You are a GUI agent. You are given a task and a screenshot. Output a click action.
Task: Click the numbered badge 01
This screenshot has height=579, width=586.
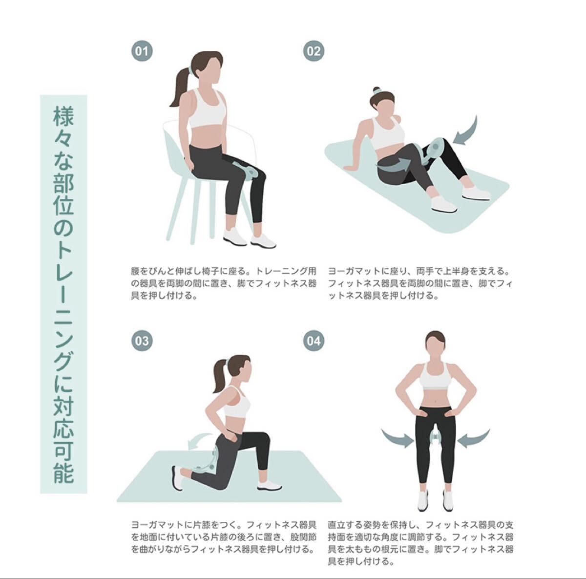click(x=142, y=51)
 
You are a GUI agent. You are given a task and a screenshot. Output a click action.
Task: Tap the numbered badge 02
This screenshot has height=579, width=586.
click(x=314, y=51)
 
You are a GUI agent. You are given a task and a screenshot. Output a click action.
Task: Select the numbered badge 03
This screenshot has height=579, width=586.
click(x=142, y=341)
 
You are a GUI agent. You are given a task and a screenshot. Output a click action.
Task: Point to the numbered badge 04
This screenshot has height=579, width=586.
click(x=314, y=341)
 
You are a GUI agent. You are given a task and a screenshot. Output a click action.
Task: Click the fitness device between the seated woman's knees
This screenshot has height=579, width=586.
click(x=246, y=172)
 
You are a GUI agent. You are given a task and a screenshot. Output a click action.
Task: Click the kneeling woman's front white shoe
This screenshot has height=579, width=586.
click(x=269, y=486)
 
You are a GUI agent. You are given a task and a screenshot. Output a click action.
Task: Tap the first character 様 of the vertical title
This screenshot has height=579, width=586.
click(x=63, y=116)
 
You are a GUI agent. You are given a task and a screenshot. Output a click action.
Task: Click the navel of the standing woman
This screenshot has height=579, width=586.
click(x=436, y=400)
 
